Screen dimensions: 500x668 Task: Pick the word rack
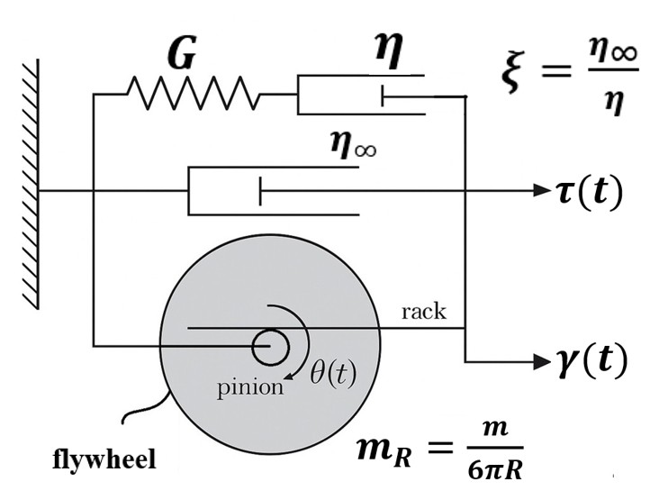pyautogui.click(x=423, y=314)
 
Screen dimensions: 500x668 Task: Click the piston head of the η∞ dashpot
pyautogui.click(x=260, y=191)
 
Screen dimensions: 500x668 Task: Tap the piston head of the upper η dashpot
pyautogui.click(x=384, y=95)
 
